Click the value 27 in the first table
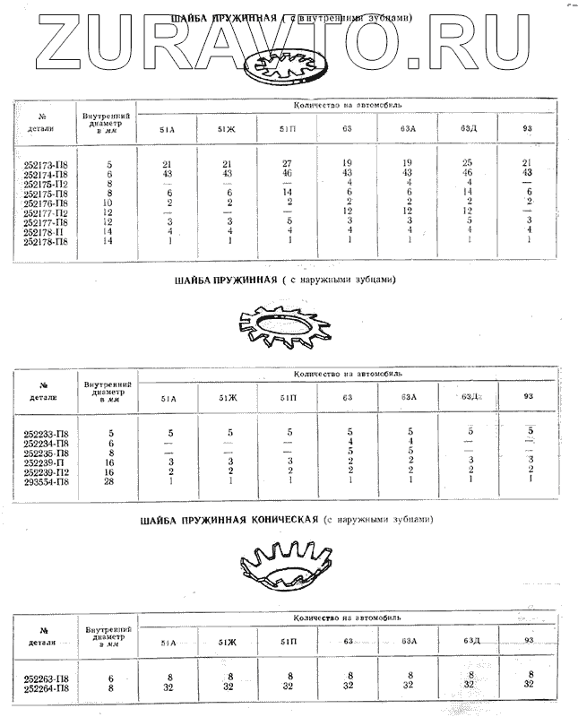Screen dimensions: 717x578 (x=289, y=163)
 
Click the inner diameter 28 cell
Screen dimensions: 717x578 (x=108, y=480)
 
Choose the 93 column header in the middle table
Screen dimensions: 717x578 (x=528, y=396)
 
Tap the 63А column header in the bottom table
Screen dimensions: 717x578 (x=409, y=641)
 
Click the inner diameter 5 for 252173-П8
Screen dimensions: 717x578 (x=108, y=163)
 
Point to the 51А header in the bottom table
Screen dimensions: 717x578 (x=168, y=642)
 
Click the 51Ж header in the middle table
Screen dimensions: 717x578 (x=228, y=397)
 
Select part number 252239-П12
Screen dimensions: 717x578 (x=46, y=471)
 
